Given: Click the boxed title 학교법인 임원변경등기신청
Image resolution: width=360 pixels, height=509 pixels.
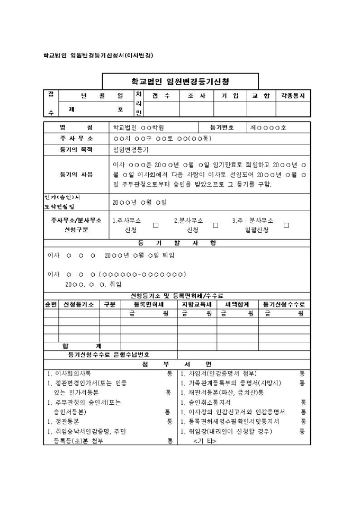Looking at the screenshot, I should pyautogui.click(x=180, y=81).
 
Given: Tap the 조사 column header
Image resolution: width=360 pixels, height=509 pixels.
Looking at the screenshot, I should pyautogui.click(x=196, y=96).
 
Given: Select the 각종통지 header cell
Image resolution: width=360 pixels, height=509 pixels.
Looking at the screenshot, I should pyautogui.click(x=293, y=96).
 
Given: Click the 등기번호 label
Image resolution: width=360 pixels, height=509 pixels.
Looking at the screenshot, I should pyautogui.click(x=221, y=128).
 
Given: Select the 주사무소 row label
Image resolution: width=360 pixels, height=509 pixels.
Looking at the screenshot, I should pyautogui.click(x=76, y=139).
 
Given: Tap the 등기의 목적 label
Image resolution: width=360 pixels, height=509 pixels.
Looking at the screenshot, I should pyautogui.click(x=76, y=150).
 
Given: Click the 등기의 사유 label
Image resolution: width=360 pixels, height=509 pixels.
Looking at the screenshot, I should pyautogui.click(x=76, y=175).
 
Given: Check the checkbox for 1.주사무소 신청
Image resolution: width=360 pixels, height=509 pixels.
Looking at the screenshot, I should pyautogui.click(x=156, y=225).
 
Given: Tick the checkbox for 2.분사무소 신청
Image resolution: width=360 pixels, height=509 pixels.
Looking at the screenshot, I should pyautogui.click(x=215, y=225).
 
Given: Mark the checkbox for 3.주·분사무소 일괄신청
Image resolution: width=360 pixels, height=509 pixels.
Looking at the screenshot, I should pyautogui.click(x=286, y=225).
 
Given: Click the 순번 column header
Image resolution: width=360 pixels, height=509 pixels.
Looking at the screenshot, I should pyautogui.click(x=50, y=304).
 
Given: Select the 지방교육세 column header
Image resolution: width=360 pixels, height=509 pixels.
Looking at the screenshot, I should pyautogui.click(x=196, y=304).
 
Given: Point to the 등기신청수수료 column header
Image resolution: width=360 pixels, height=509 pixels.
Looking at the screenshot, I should pyautogui.click(x=284, y=304).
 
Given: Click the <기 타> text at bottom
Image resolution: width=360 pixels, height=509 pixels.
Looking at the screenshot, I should pyautogui.click(x=204, y=441).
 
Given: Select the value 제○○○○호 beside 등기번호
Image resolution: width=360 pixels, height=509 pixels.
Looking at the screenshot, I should pyautogui.click(x=268, y=128).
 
